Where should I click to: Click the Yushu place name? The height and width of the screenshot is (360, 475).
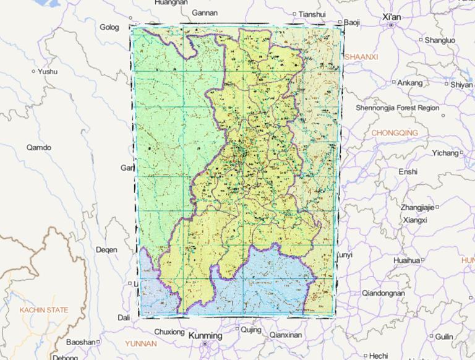tap(47, 71)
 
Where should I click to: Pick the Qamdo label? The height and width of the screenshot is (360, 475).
tap(39, 147)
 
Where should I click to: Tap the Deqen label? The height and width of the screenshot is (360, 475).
tap(106, 250)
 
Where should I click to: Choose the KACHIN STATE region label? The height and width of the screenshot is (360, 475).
tap(43, 309)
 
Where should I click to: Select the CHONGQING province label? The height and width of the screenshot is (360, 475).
tap(395, 133)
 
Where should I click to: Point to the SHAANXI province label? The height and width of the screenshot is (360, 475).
tap(361, 56)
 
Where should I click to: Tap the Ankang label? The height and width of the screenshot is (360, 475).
tap(409, 82)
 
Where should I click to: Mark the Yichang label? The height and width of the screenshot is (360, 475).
tap(445, 153)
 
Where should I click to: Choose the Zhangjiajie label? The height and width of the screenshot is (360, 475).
tap(417, 207)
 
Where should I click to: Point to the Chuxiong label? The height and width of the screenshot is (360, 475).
tap(169, 332)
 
